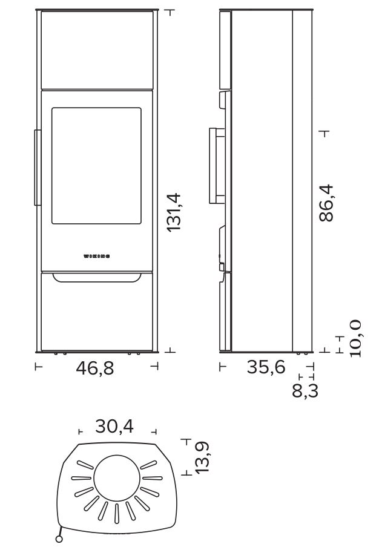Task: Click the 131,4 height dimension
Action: point(174,211)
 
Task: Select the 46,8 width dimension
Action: point(95,368)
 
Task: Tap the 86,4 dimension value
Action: point(326,203)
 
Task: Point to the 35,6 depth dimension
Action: point(266,367)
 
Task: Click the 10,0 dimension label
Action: point(355,338)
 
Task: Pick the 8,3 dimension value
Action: point(305,391)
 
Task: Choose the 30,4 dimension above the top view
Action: point(114,427)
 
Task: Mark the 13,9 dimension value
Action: point(202,457)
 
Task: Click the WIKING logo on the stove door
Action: point(97,257)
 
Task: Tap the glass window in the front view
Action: point(96,166)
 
